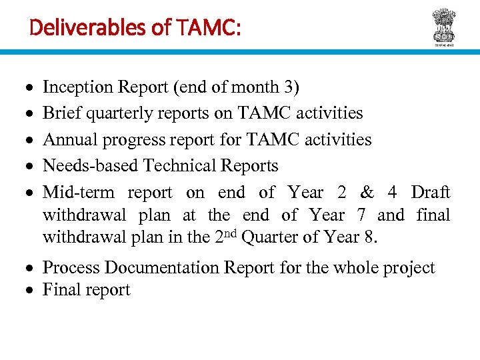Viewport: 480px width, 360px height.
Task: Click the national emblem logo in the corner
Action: coord(443,26)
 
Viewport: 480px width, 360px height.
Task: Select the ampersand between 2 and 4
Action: coord(367,193)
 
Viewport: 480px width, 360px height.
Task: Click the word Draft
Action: coord(430,193)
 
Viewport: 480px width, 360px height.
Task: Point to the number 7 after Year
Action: coord(359,215)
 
